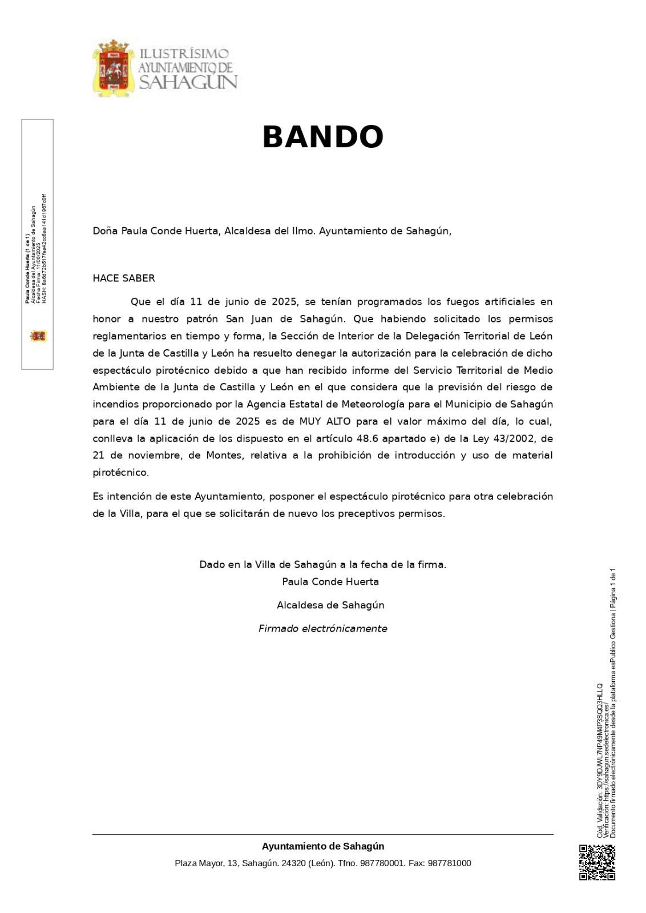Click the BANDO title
(322, 138)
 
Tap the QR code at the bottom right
(597, 862)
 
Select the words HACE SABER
(124, 278)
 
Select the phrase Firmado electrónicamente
(322, 629)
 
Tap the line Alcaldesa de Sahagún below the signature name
(330, 605)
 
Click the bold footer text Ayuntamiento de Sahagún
(323, 846)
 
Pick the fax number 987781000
(449, 863)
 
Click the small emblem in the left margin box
(38, 336)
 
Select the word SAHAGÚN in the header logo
(188, 82)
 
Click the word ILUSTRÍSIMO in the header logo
(184, 54)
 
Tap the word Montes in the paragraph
(224, 456)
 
